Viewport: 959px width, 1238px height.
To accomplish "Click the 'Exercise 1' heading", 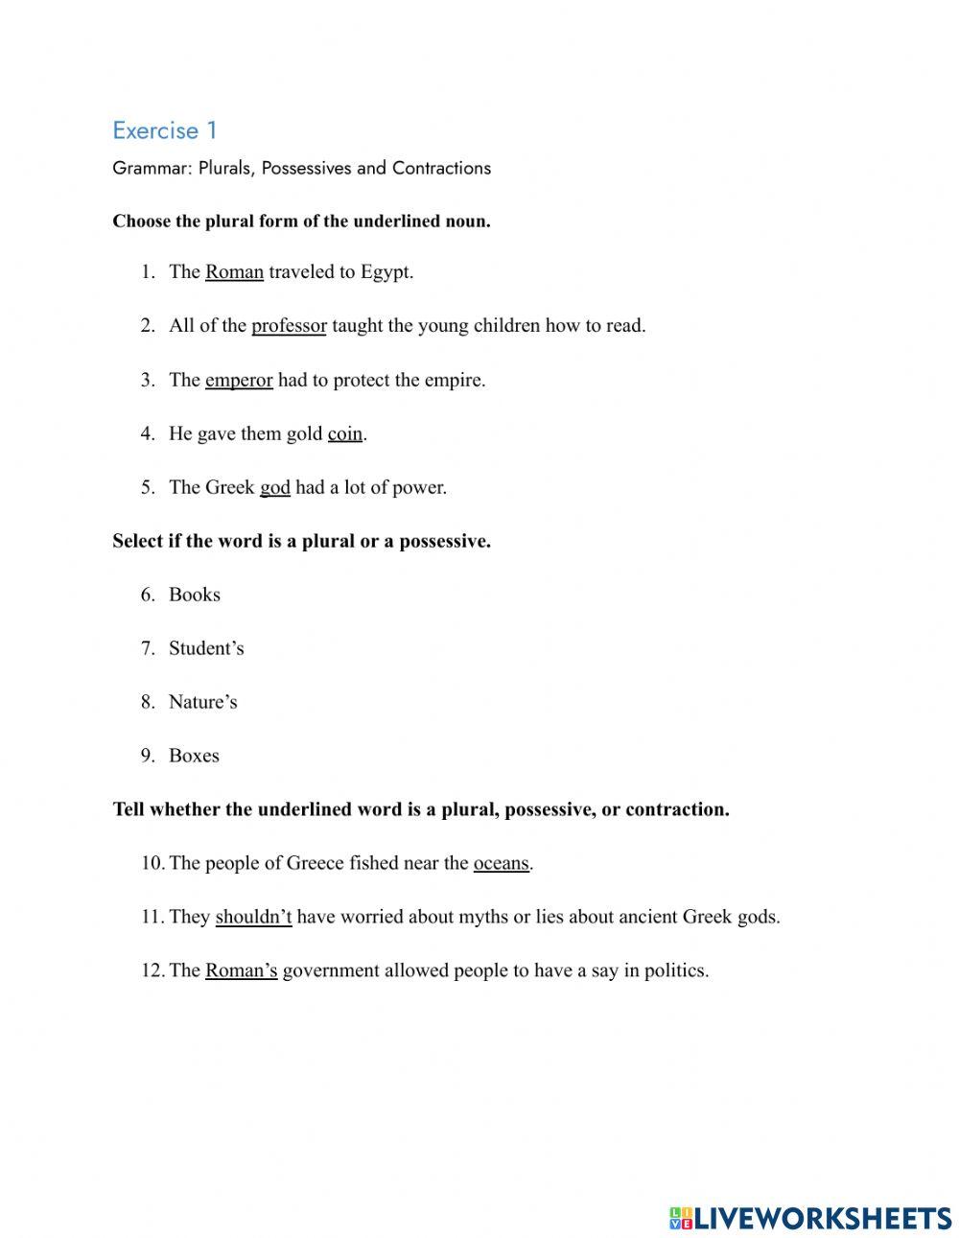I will click(x=165, y=129).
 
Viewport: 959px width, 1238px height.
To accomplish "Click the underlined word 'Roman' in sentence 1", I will click(x=234, y=271).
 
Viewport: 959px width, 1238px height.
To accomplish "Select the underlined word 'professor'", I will click(x=289, y=325).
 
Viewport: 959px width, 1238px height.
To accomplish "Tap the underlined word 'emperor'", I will click(x=239, y=380).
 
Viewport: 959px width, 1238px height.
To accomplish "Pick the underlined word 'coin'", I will click(x=345, y=433).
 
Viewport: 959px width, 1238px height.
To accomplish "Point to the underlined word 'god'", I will click(x=274, y=487).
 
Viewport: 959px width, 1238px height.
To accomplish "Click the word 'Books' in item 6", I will click(x=195, y=595).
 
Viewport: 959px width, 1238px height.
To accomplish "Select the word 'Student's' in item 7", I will click(x=206, y=648).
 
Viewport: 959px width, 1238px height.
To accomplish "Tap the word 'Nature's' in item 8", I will click(x=202, y=702).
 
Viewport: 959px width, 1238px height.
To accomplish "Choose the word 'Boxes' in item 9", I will click(x=194, y=756).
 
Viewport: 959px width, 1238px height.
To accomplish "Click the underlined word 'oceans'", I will click(x=501, y=863).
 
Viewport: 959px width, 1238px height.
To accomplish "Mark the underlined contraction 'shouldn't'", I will click(x=253, y=917).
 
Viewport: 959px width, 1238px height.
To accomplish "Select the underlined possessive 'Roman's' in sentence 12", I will click(x=241, y=970).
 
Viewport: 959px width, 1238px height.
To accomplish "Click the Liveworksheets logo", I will click(x=810, y=1218).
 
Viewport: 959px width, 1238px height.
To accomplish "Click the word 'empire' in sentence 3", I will click(x=455, y=380).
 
